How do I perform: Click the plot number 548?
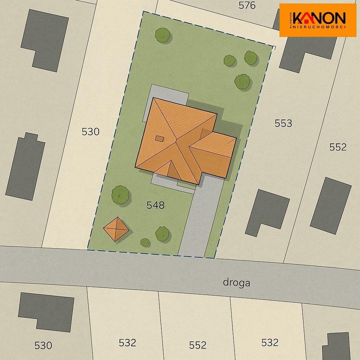pos(155,205)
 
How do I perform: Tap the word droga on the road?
pos(237,283)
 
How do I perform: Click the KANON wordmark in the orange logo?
pos(319,17)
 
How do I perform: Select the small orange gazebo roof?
pos(116,229)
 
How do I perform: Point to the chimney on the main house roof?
pos(159,138)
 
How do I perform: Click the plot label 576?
pos(247,6)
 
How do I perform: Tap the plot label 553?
pos(283,123)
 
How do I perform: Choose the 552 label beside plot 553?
pos(338,147)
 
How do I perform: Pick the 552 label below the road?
pos(198,345)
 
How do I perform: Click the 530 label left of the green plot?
pos(90,132)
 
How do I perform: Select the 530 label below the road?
pos(43,345)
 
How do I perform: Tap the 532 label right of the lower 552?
pos(270,342)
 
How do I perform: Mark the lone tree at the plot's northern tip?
pos(162,35)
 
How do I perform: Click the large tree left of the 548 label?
pos(120,194)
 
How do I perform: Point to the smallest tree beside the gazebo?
pos(145,242)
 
